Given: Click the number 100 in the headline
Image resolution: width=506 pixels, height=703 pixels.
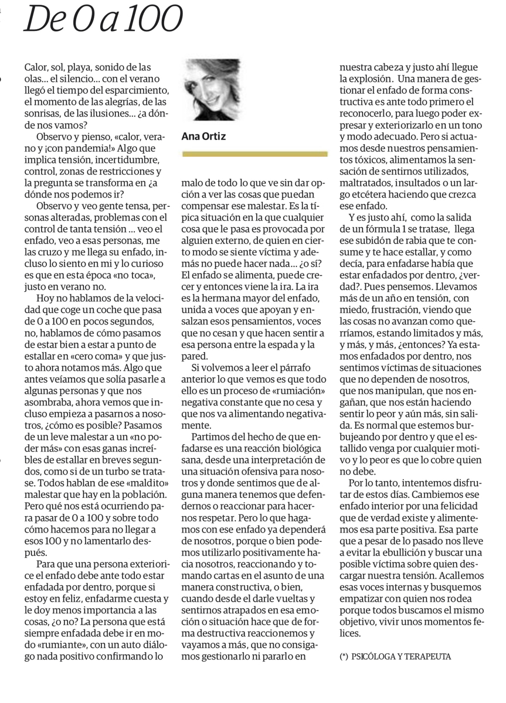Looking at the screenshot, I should pyautogui.click(x=149, y=21).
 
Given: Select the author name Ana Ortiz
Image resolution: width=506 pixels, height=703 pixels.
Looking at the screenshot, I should pyautogui.click(x=203, y=136).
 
